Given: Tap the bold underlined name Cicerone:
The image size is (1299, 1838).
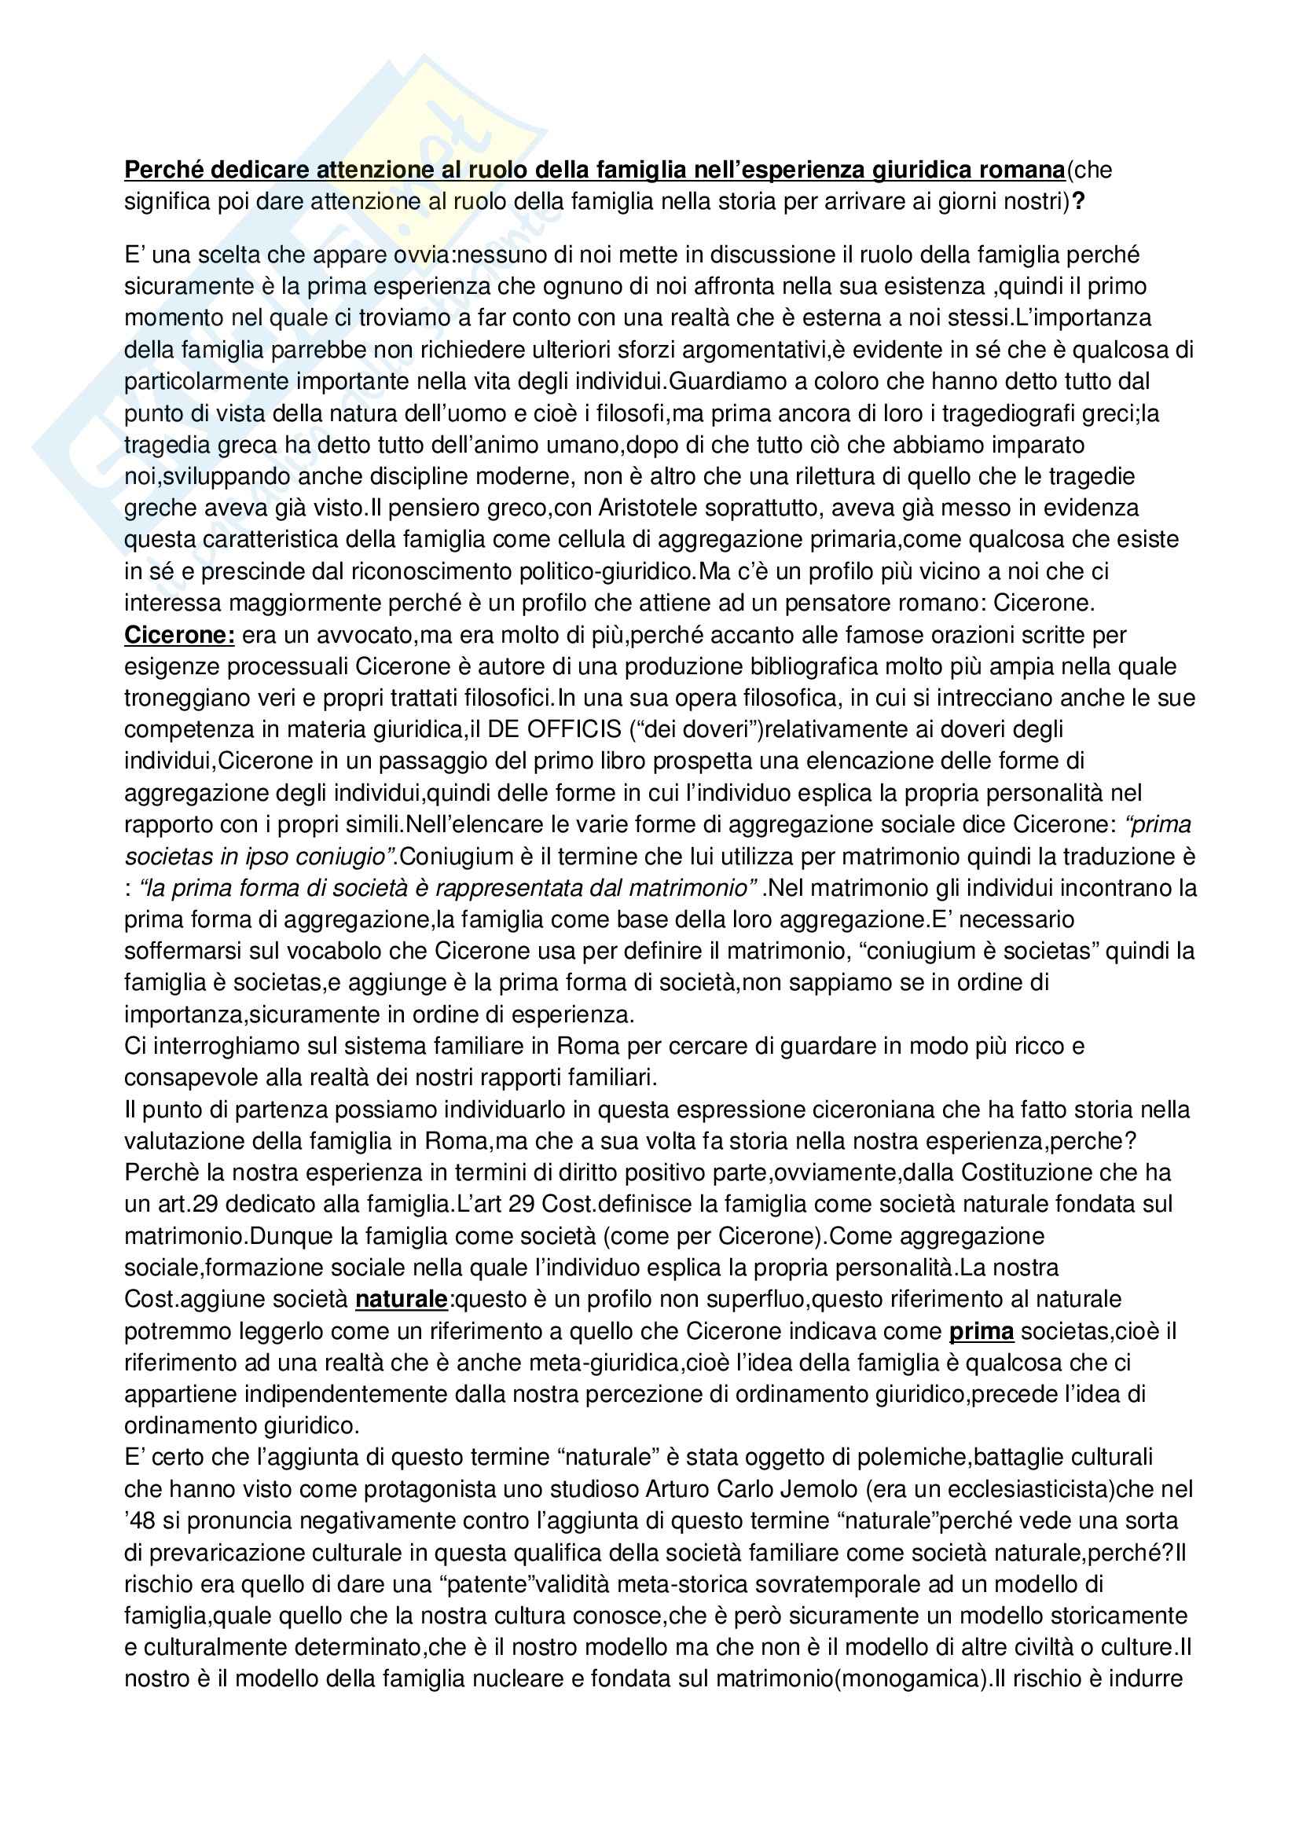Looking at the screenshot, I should coord(179,635).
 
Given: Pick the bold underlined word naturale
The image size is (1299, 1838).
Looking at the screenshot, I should coord(401,1298).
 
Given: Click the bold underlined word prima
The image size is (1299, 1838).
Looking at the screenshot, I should coord(982,1330).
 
